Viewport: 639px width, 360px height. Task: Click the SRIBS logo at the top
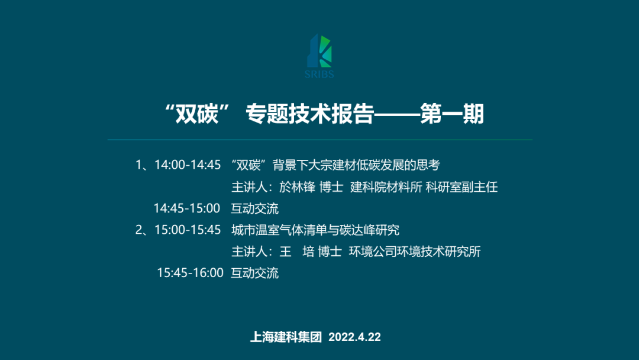(319, 56)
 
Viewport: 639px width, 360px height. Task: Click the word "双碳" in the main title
(197, 114)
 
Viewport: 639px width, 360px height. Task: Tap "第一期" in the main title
(452, 114)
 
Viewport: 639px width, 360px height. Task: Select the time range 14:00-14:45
(188, 165)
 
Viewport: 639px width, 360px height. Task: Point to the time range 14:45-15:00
(186, 208)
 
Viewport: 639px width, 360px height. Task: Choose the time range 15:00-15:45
(188, 230)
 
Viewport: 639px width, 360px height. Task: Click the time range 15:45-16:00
(191, 273)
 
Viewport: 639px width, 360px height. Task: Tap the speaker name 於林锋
(297, 187)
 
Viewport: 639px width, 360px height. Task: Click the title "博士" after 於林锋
(331, 187)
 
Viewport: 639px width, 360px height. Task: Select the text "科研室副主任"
(461, 187)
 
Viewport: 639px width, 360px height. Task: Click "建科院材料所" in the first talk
(386, 187)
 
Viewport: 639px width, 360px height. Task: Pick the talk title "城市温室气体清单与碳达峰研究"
(315, 230)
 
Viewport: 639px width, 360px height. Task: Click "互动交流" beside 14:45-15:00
(254, 208)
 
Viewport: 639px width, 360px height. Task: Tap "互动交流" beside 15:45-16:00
(254, 273)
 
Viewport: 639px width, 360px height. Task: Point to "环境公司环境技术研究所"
(415, 252)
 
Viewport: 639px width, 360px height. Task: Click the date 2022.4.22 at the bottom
(354, 337)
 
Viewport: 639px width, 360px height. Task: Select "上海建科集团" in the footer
(286, 337)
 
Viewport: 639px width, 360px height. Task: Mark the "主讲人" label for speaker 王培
(249, 252)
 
